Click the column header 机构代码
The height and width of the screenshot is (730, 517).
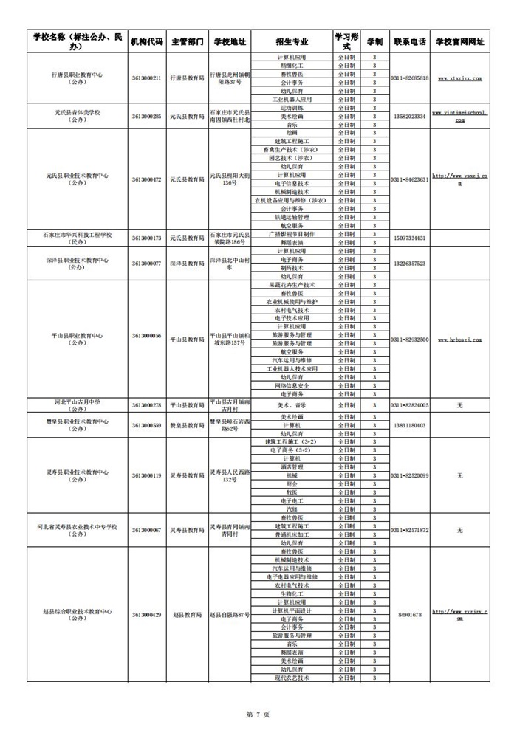(146, 41)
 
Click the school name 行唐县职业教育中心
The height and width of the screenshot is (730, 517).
(78, 74)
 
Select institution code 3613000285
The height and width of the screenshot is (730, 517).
(146, 117)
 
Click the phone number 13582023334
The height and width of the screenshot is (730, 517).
(409, 117)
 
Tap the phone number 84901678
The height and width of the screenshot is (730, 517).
(409, 615)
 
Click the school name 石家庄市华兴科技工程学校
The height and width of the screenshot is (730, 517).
(78, 234)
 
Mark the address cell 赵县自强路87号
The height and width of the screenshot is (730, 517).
(229, 615)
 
